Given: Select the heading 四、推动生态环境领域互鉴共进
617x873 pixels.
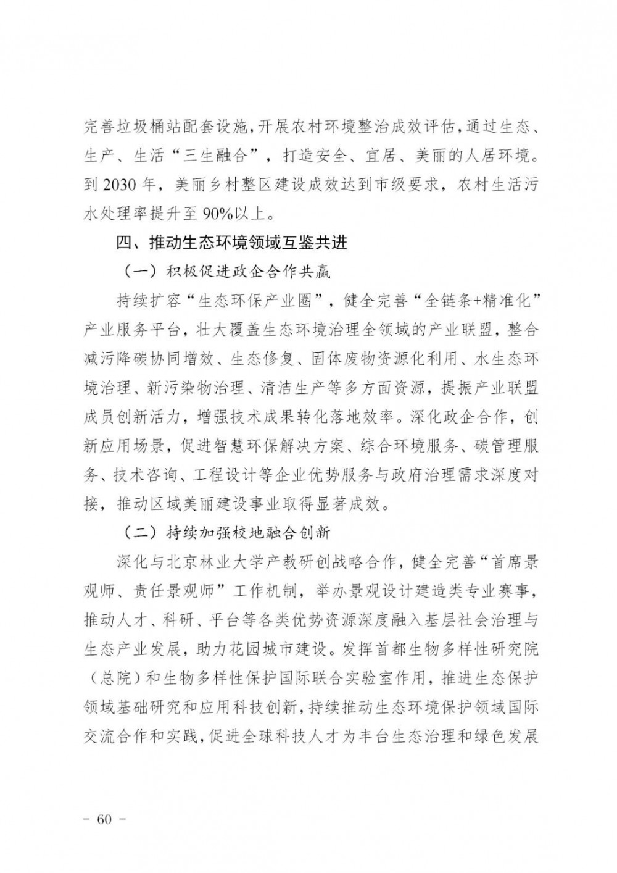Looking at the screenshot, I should (x=232, y=243).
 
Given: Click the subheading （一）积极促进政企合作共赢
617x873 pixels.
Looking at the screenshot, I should (x=223, y=271).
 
